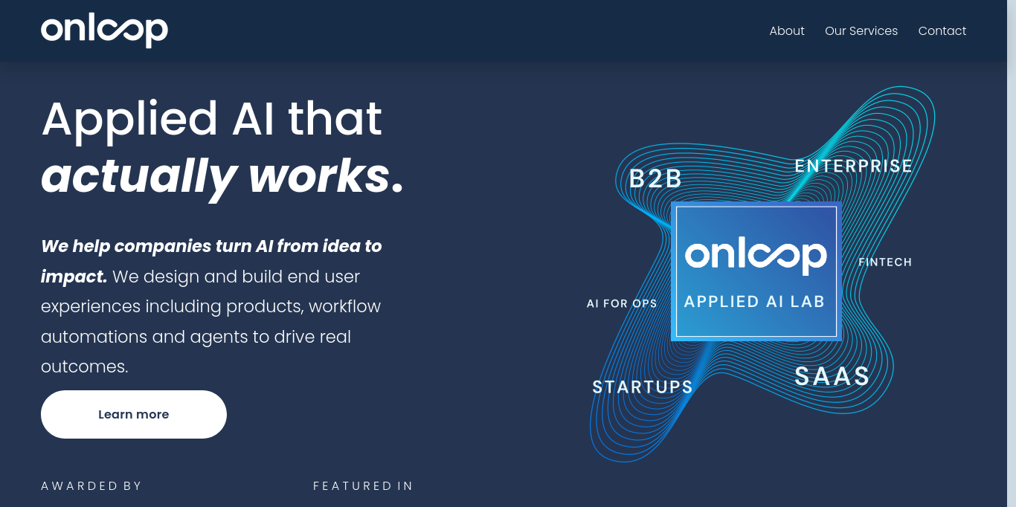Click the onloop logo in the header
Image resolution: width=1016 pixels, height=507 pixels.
104,30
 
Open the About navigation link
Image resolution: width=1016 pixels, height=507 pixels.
786,30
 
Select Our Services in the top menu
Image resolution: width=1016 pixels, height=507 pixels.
861,30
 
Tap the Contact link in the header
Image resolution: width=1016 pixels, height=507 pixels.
942,30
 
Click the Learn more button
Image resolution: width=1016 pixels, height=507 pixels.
134,414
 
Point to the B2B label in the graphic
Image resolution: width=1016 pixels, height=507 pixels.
655,178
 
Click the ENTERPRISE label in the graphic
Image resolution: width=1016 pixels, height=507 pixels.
853,166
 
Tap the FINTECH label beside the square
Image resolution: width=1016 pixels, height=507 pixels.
885,262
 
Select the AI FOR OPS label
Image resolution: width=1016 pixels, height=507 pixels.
621,303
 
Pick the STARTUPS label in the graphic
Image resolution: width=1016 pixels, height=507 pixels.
643,387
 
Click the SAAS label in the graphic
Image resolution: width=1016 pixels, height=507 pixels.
832,376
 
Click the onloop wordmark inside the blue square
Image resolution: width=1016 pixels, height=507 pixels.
756,255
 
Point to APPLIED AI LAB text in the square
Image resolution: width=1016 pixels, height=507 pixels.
754,302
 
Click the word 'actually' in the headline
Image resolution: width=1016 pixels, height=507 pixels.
139,178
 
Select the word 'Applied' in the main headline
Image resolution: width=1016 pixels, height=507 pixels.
129,121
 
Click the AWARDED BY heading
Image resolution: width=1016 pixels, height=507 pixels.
91,485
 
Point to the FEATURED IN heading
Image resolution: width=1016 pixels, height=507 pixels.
363,485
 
